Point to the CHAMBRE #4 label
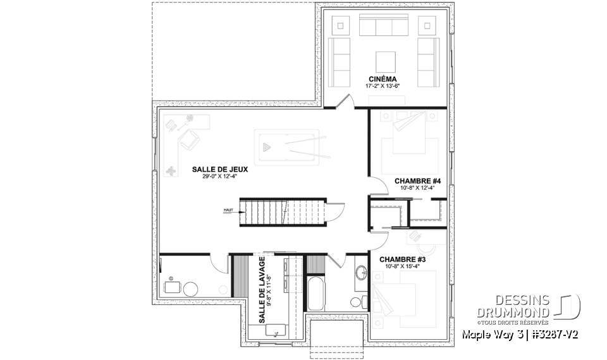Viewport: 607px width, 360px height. (417, 181)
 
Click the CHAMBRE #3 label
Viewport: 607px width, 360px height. (402, 259)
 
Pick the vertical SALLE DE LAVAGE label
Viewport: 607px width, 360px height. (261, 282)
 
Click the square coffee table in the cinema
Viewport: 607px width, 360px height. (386, 61)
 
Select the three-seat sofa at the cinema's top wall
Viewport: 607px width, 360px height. (384, 27)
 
